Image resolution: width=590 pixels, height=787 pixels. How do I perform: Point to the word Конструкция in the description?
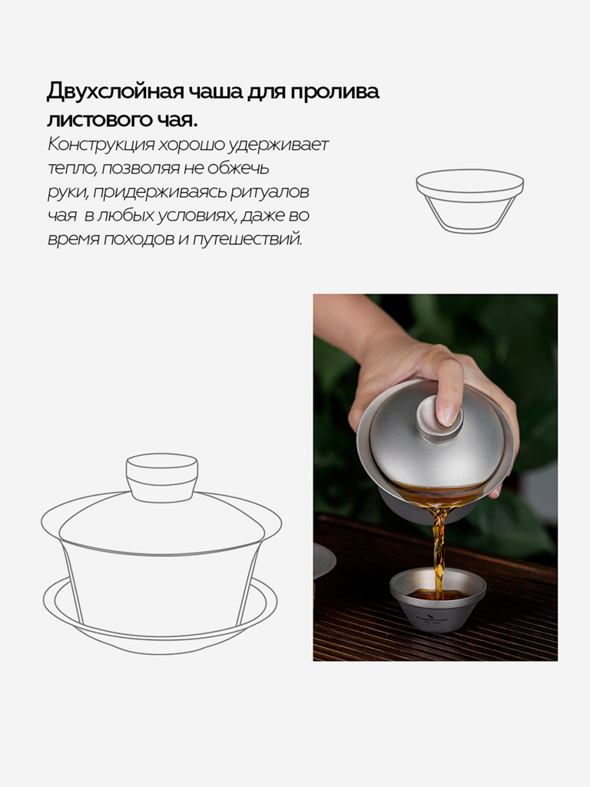101,145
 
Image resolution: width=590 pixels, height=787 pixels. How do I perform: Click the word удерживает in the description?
278,145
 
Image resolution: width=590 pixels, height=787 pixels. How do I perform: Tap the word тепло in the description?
71,168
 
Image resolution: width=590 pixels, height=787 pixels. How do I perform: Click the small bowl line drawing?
469,201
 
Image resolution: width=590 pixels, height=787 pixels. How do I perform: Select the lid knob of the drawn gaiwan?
162,477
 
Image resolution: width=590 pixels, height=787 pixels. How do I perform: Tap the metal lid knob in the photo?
433,420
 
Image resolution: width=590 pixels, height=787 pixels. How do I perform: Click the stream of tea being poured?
439,547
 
